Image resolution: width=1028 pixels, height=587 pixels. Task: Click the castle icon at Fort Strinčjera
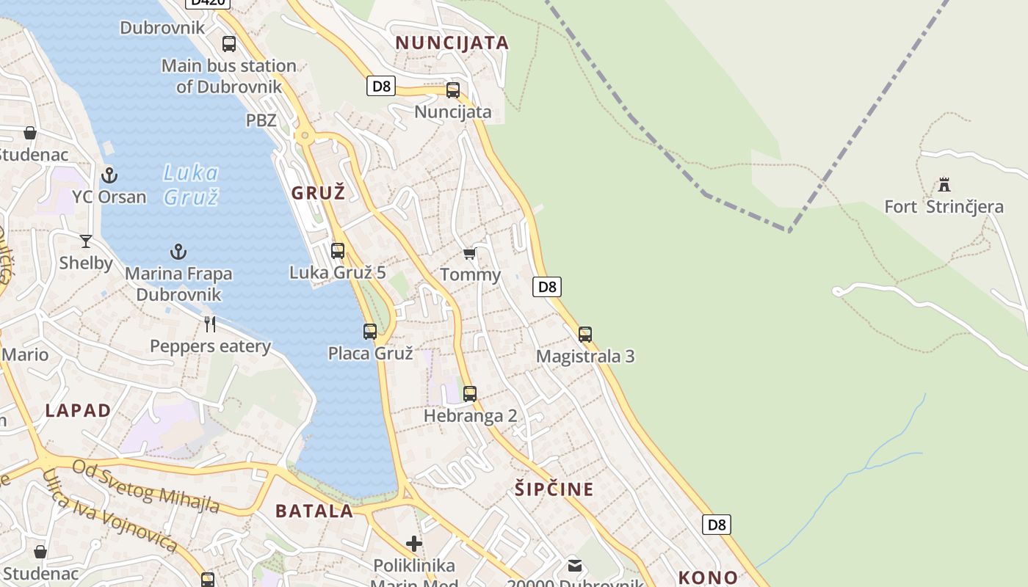tap(944, 184)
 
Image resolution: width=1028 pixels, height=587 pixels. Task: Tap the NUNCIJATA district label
tap(452, 43)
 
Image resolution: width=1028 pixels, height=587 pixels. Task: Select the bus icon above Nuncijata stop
tap(453, 90)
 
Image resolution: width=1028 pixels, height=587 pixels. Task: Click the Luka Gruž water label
tap(191, 184)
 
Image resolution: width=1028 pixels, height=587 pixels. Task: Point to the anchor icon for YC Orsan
tap(109, 175)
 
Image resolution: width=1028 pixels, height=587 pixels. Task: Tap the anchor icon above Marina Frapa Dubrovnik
tap(178, 252)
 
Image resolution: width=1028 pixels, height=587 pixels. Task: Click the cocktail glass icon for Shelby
tap(86, 241)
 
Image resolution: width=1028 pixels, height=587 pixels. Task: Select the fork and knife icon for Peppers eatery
tap(210, 324)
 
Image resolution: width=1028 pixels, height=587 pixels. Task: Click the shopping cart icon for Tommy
tap(470, 254)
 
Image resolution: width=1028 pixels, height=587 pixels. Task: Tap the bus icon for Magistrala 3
tap(585, 335)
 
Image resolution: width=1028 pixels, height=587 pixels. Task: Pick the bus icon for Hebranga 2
tap(470, 394)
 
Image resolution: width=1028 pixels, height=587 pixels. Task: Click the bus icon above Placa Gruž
tap(370, 331)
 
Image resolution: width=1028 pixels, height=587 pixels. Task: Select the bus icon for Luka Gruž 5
tap(338, 250)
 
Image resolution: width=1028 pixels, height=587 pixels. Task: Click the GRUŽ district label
tap(318, 194)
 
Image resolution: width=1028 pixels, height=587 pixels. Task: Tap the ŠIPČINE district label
tap(554, 489)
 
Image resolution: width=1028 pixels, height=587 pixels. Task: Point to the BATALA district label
tap(314, 511)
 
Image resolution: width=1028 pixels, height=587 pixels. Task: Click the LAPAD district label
tap(78, 410)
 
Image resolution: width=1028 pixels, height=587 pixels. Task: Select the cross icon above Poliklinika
tap(414, 544)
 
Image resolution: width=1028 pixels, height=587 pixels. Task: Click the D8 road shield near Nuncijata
tap(381, 86)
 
